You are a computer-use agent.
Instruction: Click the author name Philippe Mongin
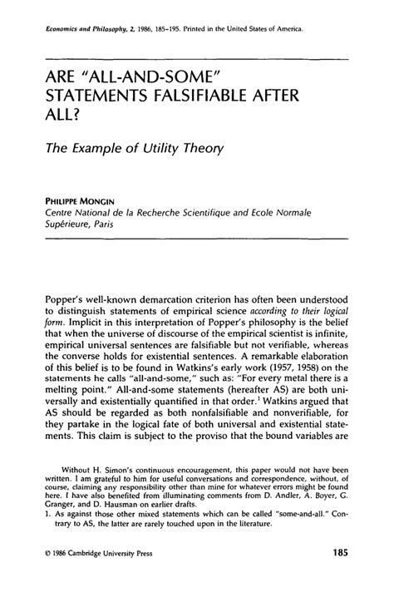84,200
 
